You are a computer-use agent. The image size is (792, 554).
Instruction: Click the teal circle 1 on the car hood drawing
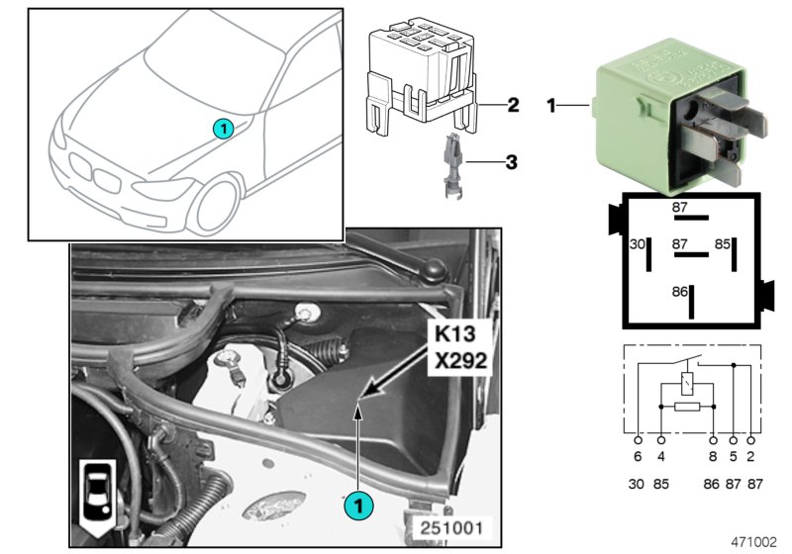(x=223, y=128)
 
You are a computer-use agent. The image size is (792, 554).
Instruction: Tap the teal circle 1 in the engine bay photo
(x=359, y=506)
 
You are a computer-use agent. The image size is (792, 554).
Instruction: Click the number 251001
(x=452, y=528)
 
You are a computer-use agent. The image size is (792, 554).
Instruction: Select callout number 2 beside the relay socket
(x=513, y=104)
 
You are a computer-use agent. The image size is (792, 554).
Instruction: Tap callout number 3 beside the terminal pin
(x=513, y=159)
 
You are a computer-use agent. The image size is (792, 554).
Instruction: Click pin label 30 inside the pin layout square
(x=639, y=243)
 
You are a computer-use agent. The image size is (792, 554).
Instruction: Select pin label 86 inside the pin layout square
(x=679, y=292)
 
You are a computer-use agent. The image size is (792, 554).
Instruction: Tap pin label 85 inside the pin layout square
(x=723, y=243)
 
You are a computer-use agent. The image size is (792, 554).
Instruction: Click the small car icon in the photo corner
(x=96, y=495)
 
